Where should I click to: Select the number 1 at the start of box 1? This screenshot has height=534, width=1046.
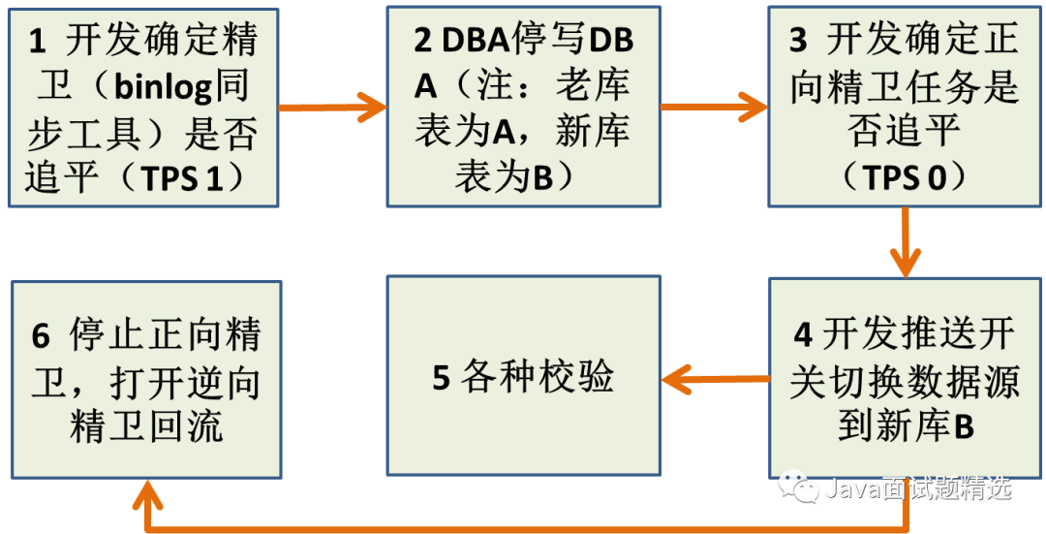[37, 42]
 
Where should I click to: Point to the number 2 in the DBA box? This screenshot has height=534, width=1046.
[423, 42]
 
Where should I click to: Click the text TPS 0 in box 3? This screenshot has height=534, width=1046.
[905, 178]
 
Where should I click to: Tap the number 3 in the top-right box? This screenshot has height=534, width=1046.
[798, 42]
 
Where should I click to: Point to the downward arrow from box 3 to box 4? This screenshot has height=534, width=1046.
[906, 242]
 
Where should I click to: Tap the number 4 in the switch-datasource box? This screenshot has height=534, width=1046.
[803, 334]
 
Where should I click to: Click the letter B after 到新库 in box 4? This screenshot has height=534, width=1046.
[964, 427]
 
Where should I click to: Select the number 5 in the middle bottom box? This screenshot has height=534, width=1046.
[442, 378]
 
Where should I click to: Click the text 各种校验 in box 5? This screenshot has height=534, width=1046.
[538, 378]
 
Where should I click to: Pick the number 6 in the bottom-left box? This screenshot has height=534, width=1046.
[41, 336]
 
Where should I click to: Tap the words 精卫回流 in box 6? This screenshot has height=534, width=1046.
[146, 427]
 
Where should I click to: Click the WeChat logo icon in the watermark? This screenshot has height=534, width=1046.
[799, 486]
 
